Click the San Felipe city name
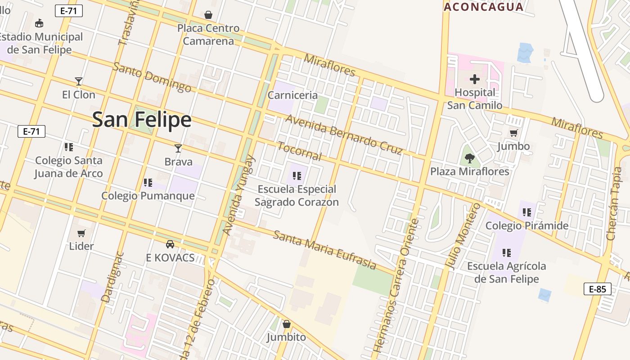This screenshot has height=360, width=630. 142,120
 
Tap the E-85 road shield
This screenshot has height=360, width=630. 598,289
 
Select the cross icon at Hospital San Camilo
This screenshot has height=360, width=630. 474,80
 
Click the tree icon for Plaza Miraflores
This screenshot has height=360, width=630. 469,158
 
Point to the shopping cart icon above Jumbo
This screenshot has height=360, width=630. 513,133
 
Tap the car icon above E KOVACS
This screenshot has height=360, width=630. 170,244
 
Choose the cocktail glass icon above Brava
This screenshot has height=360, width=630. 178,148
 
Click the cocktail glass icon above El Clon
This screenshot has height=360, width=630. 79,81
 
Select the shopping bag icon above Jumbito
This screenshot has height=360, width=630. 286,324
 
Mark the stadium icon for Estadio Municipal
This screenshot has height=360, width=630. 39,23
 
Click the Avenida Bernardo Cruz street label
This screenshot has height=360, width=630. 343,134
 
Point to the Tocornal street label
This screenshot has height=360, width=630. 299,151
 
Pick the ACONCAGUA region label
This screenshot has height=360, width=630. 484,7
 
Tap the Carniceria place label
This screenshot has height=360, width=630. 292,95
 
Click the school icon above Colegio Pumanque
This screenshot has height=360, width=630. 148,182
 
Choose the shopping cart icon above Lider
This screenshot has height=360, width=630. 81,233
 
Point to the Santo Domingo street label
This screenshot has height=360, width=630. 152,77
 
